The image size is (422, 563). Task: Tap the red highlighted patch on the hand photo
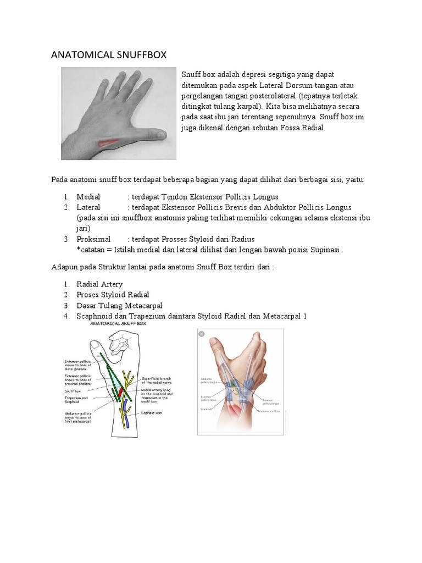tap(109, 143)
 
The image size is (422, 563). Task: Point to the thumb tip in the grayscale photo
tap(162, 134)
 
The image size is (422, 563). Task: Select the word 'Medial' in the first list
tap(88, 197)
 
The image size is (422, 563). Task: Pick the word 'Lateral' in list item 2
tap(88, 207)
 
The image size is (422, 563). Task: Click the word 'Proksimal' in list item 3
tap(93, 239)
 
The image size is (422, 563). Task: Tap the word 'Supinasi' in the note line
tap(324, 250)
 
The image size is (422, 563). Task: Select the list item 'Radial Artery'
tap(99, 284)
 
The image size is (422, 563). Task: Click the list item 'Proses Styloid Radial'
tap(113, 295)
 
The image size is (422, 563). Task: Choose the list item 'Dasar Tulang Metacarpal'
tap(119, 305)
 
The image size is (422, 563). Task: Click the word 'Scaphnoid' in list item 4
tap(96, 316)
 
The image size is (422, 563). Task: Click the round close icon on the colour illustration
tap(202, 334)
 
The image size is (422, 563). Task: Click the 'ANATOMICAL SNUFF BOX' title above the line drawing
tap(119, 324)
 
